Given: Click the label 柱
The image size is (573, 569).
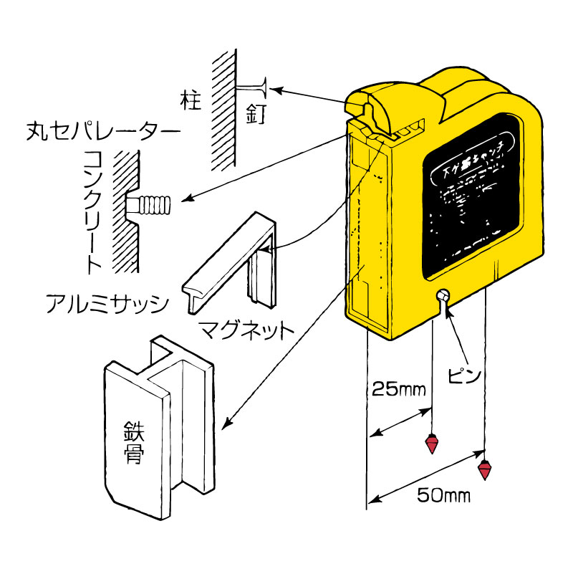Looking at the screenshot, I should tap(189, 100).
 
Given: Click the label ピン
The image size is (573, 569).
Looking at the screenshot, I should tap(466, 375).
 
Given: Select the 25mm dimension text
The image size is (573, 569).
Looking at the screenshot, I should tap(398, 391).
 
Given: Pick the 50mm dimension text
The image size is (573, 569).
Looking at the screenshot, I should tap(443, 495).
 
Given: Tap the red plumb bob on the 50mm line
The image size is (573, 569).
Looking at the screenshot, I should tap(486, 470).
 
